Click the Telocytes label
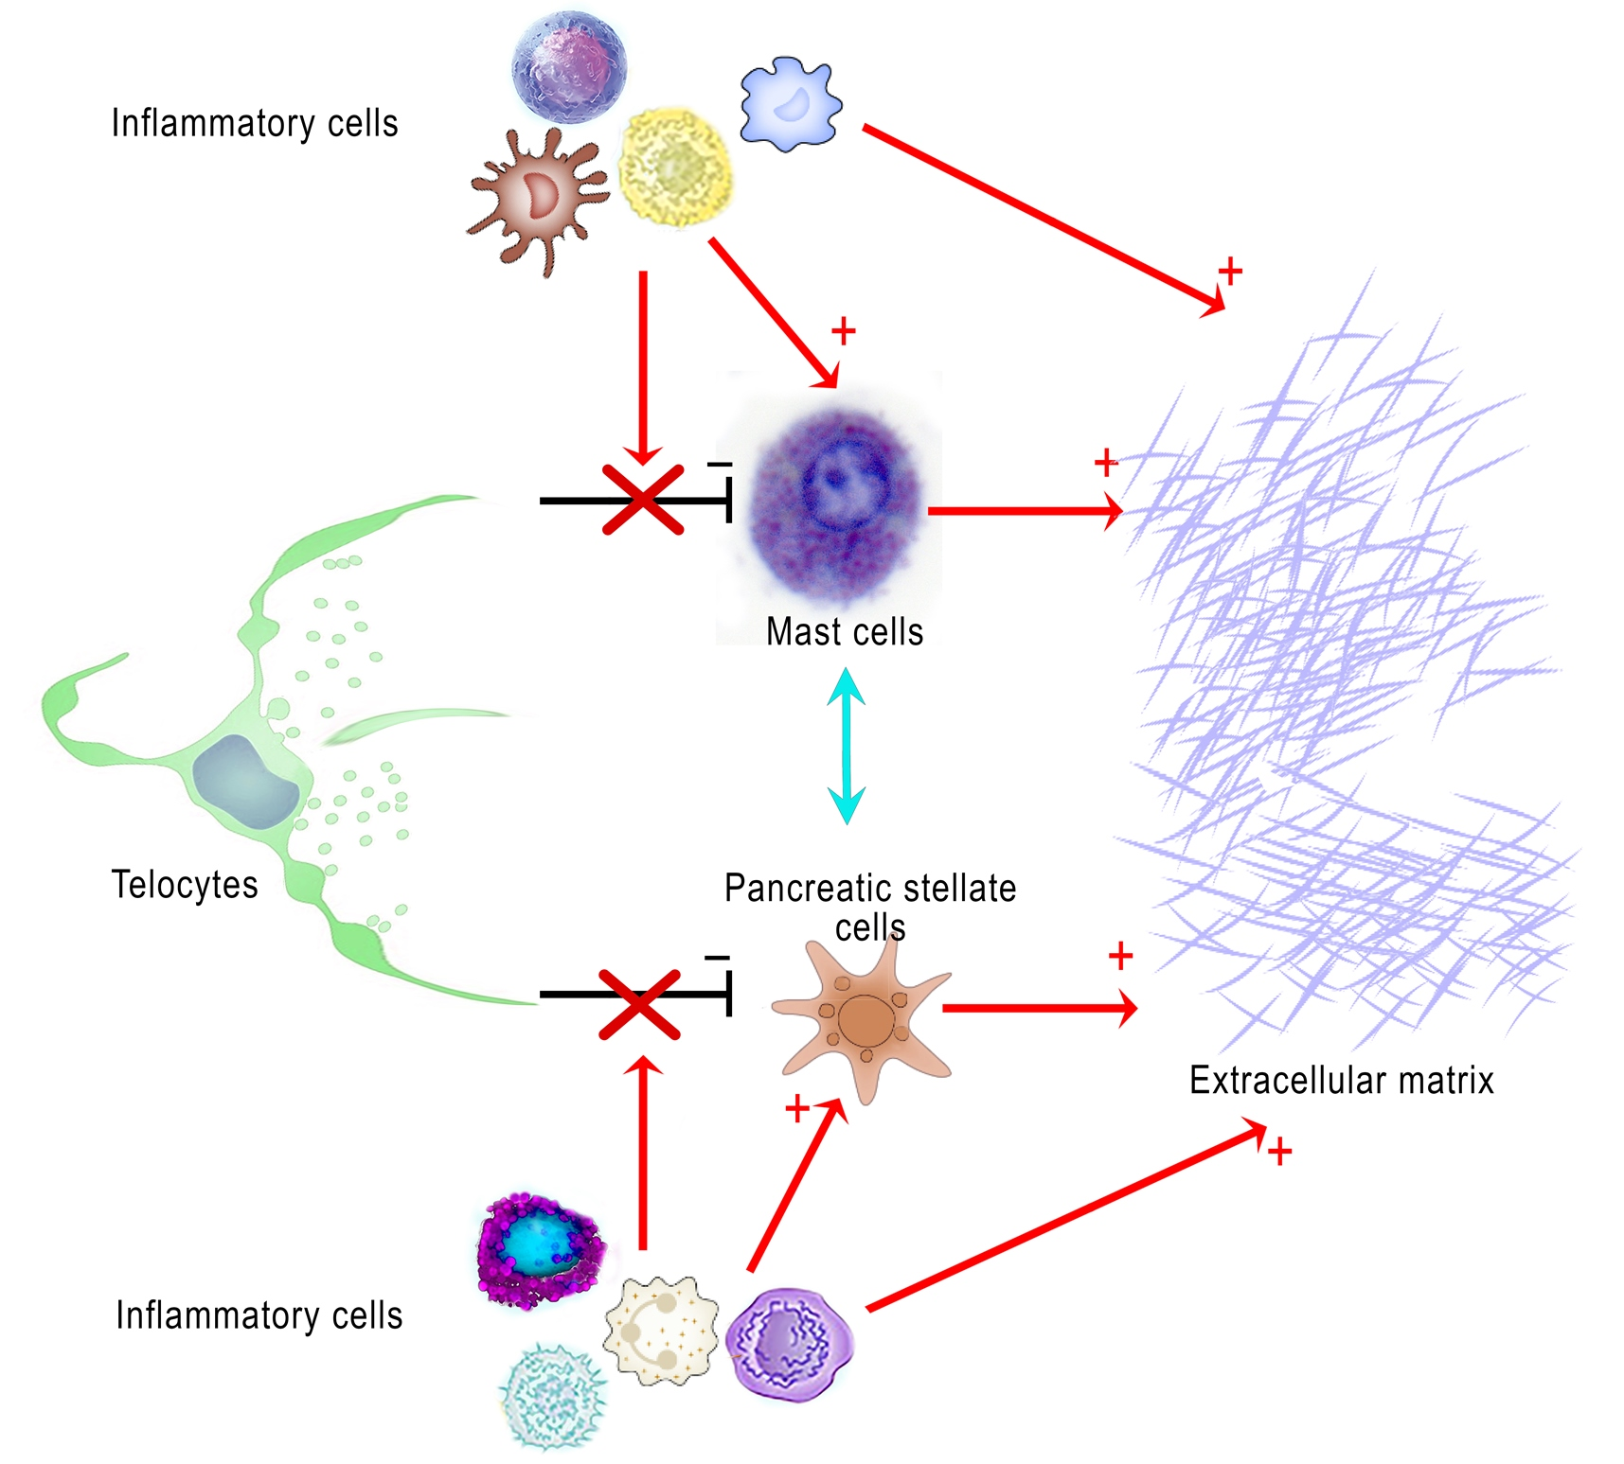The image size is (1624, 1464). [185, 885]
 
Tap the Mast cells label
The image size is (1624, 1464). [844, 631]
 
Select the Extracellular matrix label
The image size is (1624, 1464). [1341, 1080]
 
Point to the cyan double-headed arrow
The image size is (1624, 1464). [846, 746]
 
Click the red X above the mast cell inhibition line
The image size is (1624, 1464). [643, 500]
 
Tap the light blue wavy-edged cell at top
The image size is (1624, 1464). [790, 104]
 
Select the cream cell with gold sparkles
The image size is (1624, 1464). [661, 1329]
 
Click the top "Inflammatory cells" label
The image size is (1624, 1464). [254, 123]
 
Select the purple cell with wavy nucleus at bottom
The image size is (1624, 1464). [790, 1343]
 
